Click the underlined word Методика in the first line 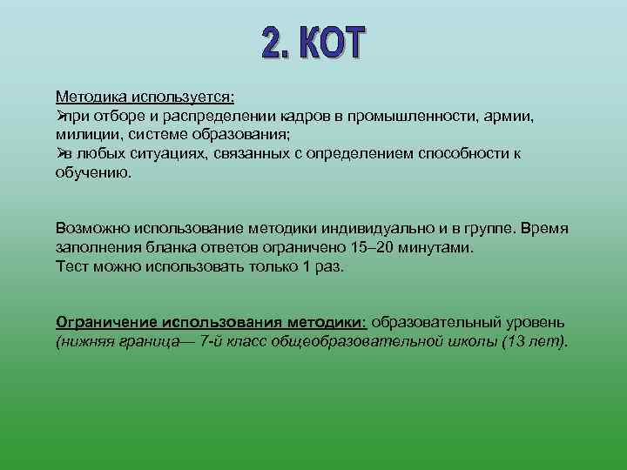[x=90, y=97]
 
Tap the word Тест [x=72, y=266]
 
